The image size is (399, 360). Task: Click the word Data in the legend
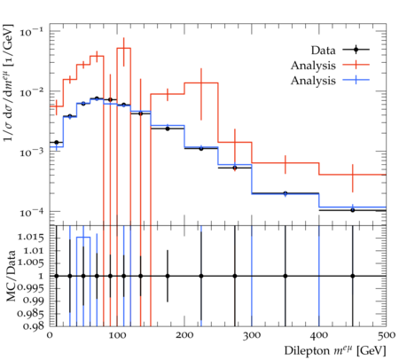tap(323, 51)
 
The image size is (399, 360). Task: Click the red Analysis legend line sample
tap(356, 65)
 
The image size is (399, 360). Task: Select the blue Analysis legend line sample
tap(356, 80)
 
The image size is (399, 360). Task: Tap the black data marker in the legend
tap(356, 50)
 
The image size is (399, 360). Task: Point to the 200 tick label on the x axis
tap(184, 335)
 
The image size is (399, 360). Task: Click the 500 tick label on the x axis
tap(386, 335)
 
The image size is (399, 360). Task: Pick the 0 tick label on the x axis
tap(50, 335)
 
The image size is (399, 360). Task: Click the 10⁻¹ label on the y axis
tap(31, 32)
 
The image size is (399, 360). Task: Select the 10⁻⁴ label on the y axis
tap(31, 212)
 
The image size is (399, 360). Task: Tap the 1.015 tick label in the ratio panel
tap(31, 237)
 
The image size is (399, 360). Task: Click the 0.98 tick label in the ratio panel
tap(34, 326)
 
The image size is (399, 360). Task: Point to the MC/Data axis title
tap(11, 276)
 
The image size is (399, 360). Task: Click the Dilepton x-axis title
tap(335, 351)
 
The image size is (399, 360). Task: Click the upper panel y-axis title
tap(8, 82)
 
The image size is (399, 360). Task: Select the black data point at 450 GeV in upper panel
tap(353, 210)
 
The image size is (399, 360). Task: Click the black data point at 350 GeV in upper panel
tap(286, 193)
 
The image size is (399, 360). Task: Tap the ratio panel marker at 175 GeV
tap(168, 276)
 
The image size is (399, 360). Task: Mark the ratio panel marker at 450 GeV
tap(353, 276)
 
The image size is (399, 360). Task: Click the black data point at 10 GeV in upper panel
tap(57, 143)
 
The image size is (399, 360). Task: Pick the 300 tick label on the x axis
tap(252, 335)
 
